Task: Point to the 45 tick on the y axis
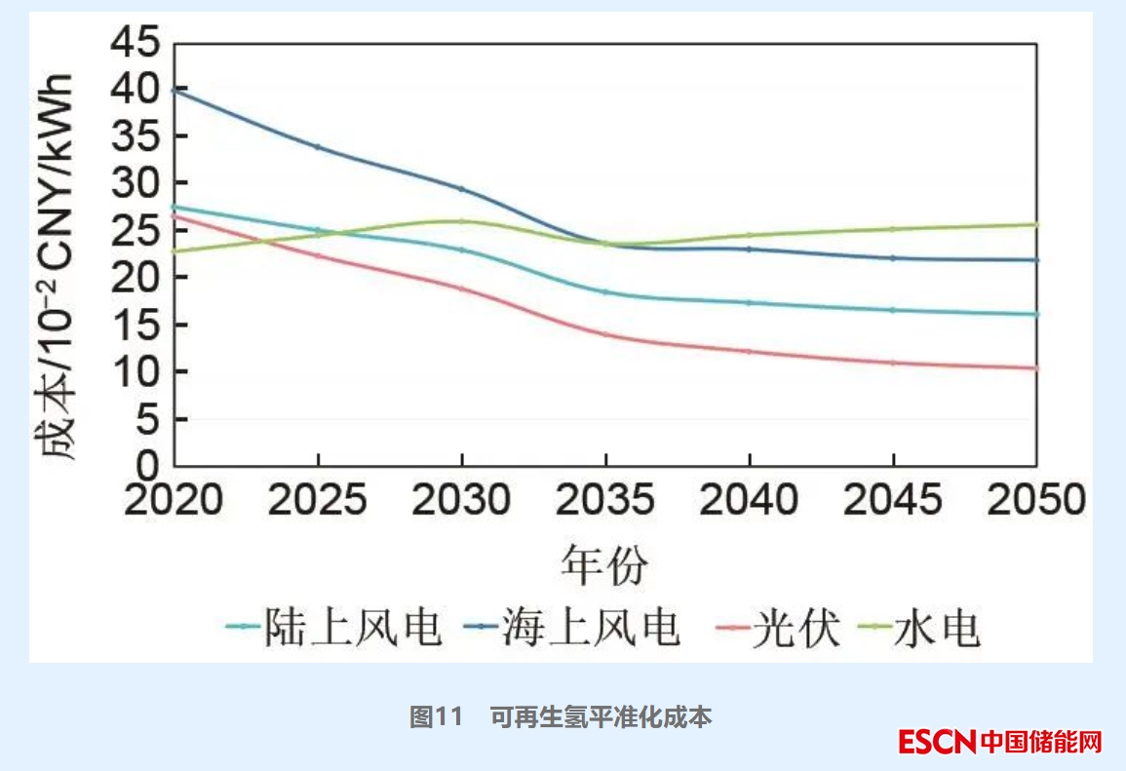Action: tap(137, 43)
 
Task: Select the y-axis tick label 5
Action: tap(150, 419)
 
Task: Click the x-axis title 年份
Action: tap(604, 564)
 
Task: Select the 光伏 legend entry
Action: tap(796, 629)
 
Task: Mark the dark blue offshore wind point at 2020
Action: tap(174, 90)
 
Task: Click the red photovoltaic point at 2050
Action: tap(1036, 368)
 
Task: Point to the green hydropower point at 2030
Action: tap(461, 221)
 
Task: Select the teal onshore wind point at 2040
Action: tap(749, 302)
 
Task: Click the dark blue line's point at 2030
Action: tap(461, 188)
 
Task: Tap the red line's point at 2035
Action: tap(605, 334)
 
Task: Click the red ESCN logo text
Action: tap(937, 742)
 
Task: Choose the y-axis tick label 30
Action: tap(137, 183)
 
